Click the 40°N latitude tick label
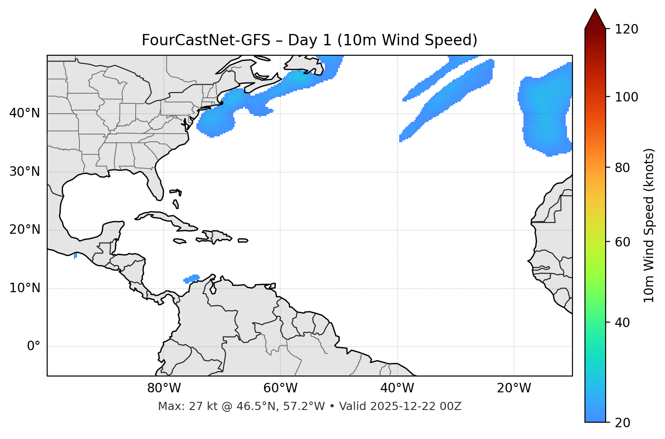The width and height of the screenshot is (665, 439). [24, 113]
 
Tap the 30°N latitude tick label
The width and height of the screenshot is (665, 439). [24, 172]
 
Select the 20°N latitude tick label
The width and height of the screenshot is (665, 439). [24, 230]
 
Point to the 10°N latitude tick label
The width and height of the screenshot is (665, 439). [24, 288]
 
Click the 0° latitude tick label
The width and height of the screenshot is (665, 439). [34, 347]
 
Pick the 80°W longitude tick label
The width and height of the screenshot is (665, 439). [164, 388]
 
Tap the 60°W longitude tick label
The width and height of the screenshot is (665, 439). [280, 388]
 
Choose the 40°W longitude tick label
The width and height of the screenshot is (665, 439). [397, 388]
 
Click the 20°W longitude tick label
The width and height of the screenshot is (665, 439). [514, 388]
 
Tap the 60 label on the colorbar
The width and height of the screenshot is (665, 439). [623, 242]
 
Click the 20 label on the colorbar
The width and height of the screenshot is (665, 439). [623, 423]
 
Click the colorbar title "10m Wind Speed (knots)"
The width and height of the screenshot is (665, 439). [649, 226]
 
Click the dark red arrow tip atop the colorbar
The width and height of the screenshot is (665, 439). [595, 18]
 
